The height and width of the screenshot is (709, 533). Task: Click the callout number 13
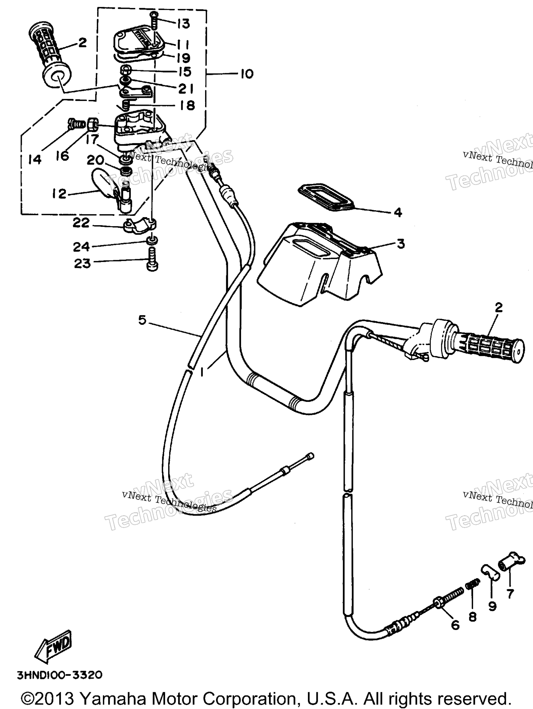[183, 24]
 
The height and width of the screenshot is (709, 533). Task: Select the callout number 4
[398, 212]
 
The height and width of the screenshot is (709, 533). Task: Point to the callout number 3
[400, 244]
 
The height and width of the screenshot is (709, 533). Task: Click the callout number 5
[142, 319]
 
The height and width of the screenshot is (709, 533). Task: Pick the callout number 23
[82, 263]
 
